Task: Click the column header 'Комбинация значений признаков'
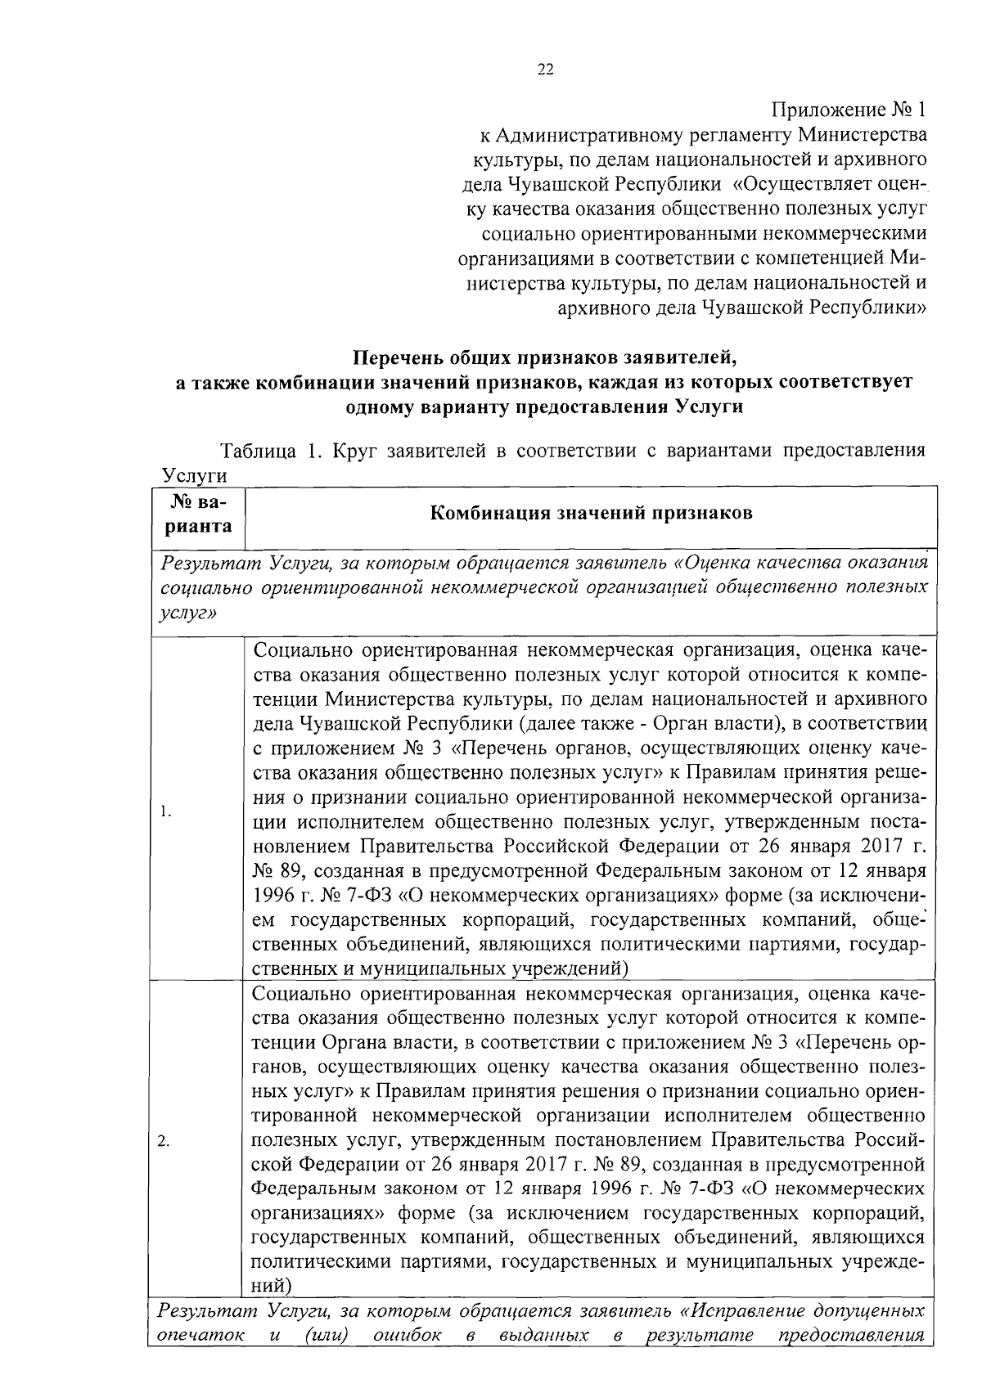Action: (591, 513)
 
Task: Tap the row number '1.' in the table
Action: (166, 811)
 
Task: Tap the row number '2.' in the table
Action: (164, 1143)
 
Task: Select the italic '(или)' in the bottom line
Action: (322, 1336)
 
